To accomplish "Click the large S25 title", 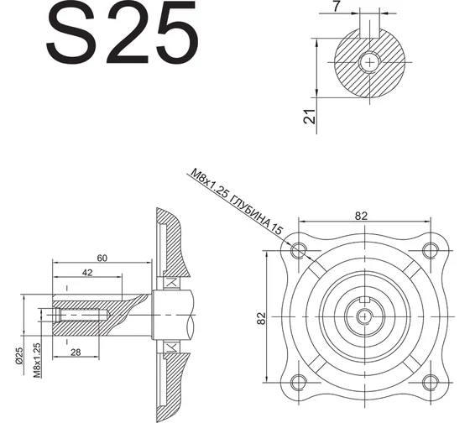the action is (122, 32).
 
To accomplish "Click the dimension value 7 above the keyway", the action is (337, 6).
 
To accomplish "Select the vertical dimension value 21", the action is (310, 117).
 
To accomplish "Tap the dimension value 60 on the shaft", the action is (102, 258).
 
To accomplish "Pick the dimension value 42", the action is (87, 273).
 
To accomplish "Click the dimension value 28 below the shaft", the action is (76, 352).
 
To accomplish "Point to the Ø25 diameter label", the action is (18, 356).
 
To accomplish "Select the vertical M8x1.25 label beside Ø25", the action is (37, 360).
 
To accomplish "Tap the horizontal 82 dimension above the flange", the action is (361, 216).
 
